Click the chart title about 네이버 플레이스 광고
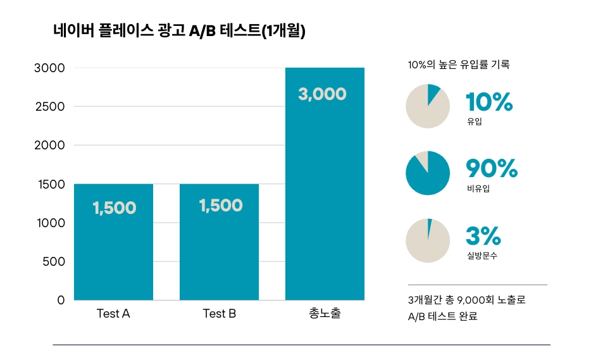pos(180,31)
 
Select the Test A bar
pos(113,253)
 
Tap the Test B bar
pos(219,253)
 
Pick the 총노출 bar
pos(325,190)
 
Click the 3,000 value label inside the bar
pos(322,94)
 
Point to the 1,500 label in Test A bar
pos(114,208)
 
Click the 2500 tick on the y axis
pos(49,106)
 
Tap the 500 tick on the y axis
pos(53,261)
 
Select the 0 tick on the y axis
pos(61,300)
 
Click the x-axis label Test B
pos(219,313)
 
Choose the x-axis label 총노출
pos(325,313)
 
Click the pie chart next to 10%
pos(428,106)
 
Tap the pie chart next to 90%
pos(428,173)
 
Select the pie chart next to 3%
pos(428,240)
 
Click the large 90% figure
pos(492,169)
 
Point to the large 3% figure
pos(483,237)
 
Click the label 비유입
pos(478,189)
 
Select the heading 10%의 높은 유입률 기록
pos(459,65)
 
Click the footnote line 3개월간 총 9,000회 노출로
pos(467,300)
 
